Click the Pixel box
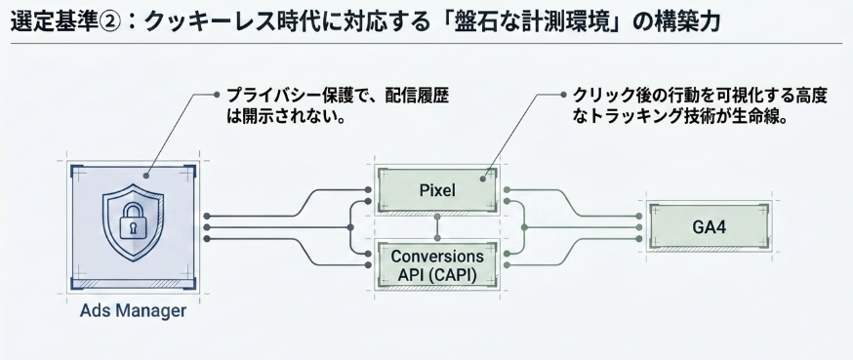click(437, 190)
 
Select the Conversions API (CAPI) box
click(437, 265)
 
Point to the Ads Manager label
click(133, 311)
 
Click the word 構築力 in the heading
click(689, 21)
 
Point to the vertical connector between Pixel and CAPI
click(437, 227)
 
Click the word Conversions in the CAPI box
click(437, 257)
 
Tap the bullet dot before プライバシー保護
click(217, 95)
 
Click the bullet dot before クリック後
click(563, 95)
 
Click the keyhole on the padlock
click(133, 228)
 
